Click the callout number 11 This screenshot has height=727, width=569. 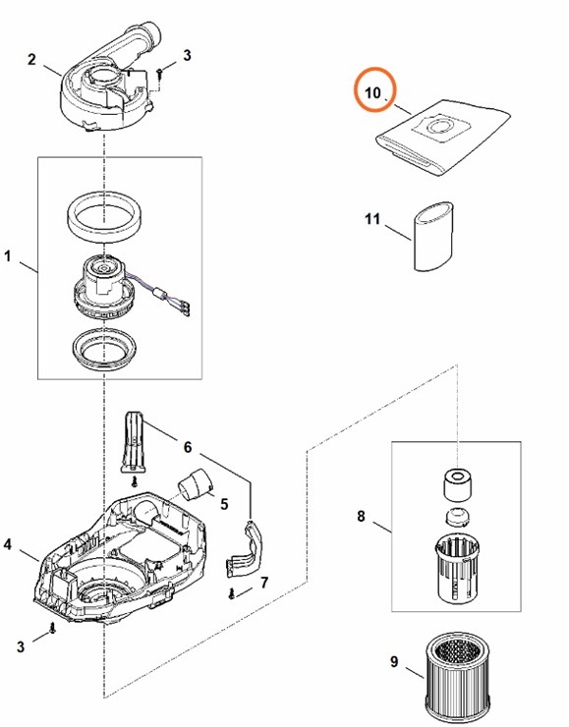pyautogui.click(x=371, y=219)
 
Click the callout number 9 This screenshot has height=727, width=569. pyautogui.click(x=394, y=661)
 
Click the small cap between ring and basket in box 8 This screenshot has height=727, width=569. pyautogui.click(x=457, y=518)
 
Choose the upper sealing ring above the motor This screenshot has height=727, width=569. pyautogui.click(x=104, y=215)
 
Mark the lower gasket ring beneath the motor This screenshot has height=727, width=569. pyautogui.click(x=103, y=348)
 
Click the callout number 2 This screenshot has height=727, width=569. pyautogui.click(x=32, y=60)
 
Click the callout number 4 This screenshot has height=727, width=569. pyautogui.click(x=8, y=543)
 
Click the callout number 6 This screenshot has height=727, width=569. pyautogui.click(x=187, y=447)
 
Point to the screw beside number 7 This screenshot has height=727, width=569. pyautogui.click(x=231, y=592)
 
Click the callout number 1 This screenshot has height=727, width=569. pyautogui.click(x=8, y=257)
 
